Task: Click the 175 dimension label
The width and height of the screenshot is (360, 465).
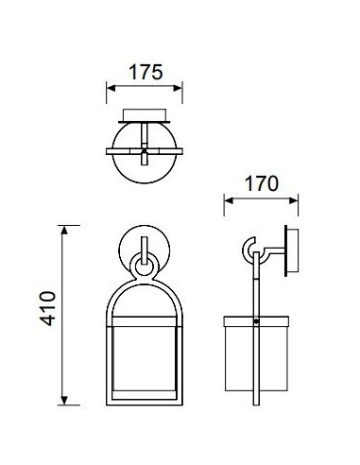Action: [146, 72]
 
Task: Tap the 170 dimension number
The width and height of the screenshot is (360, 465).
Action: [262, 183]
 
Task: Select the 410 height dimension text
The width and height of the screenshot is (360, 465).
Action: [47, 309]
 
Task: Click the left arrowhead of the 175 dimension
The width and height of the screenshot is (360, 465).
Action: [111, 88]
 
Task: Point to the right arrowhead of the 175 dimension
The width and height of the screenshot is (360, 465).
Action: [178, 88]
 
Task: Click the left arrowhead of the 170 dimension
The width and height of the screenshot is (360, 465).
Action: [229, 200]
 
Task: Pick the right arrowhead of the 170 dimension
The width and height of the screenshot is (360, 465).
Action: [293, 200]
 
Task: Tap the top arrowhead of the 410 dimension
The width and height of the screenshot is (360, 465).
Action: [64, 231]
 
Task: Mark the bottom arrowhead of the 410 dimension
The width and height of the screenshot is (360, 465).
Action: [64, 400]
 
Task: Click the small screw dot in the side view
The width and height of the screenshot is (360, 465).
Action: [256, 321]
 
